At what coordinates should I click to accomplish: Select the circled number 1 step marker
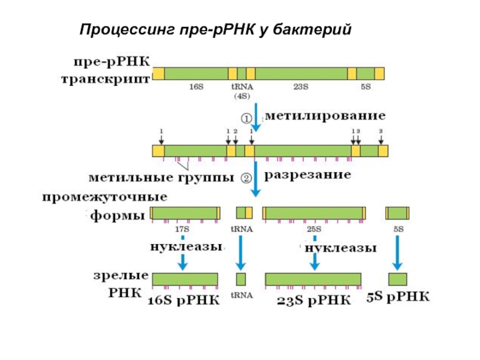click(x=246, y=118)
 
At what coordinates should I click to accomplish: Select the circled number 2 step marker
click(x=246, y=178)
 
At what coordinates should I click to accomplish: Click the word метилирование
click(x=325, y=116)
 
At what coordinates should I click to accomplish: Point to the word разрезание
click(x=307, y=175)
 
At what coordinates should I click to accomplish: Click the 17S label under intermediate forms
click(x=182, y=229)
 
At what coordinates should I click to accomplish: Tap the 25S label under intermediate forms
click(x=314, y=229)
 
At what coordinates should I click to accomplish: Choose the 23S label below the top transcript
click(x=301, y=87)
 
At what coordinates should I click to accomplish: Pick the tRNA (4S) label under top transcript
click(x=242, y=91)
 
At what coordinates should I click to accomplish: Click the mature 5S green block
click(x=398, y=279)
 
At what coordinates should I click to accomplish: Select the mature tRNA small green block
click(x=241, y=279)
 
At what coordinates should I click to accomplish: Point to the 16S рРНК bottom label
click(x=184, y=301)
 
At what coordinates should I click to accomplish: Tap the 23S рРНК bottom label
click(x=314, y=301)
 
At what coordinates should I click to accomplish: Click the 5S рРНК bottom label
click(x=398, y=296)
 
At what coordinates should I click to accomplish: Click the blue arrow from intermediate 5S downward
click(x=397, y=253)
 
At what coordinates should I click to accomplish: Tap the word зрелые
click(x=121, y=275)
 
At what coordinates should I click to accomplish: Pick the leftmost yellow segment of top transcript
click(x=158, y=74)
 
